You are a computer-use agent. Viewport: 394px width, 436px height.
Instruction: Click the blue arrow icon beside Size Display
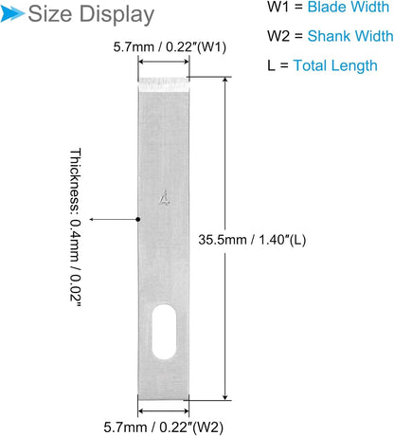(12, 14)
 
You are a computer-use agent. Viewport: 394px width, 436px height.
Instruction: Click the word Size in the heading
(50, 14)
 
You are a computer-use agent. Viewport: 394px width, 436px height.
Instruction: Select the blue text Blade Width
(349, 7)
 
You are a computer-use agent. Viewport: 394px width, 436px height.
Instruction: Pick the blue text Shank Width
(350, 36)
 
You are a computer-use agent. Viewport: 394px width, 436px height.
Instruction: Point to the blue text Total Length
(335, 66)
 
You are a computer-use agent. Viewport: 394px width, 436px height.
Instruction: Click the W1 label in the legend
(278, 7)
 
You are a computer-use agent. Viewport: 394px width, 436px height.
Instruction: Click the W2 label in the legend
(278, 36)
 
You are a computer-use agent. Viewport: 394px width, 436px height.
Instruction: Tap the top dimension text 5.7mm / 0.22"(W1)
(170, 47)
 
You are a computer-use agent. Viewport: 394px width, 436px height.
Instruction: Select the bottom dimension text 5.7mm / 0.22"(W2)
(163, 427)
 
